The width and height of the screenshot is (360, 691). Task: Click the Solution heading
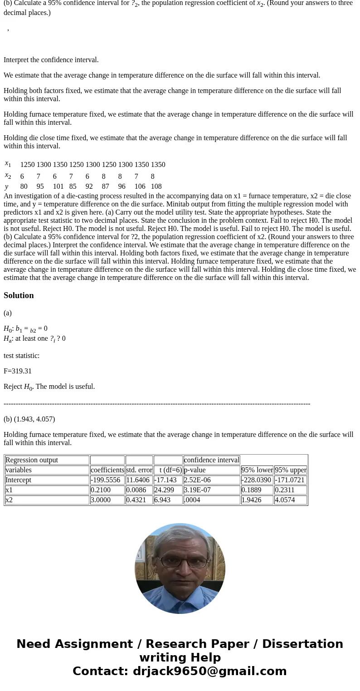pos(19,295)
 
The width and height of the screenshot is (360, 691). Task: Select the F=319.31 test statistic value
pos(18,371)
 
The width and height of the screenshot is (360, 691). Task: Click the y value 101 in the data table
pos(58,186)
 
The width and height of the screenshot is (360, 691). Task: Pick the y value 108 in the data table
pos(156,186)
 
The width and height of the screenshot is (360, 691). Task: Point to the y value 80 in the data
pos(24,186)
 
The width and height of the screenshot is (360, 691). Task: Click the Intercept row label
pos(18,480)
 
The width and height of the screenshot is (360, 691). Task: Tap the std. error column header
pos(139,470)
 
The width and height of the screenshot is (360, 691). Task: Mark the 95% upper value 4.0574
pos(290,500)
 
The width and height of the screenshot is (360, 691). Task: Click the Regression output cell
pos(32,460)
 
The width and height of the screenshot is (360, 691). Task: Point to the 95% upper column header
pos(291,470)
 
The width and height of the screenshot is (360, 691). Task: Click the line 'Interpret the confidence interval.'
pos(51,60)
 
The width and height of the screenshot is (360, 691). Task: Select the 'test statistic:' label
pos(21,356)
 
